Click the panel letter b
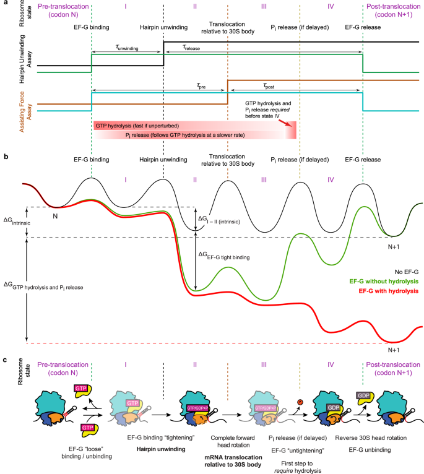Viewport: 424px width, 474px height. [x=5, y=157]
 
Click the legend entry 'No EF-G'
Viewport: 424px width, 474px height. [x=402, y=270]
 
